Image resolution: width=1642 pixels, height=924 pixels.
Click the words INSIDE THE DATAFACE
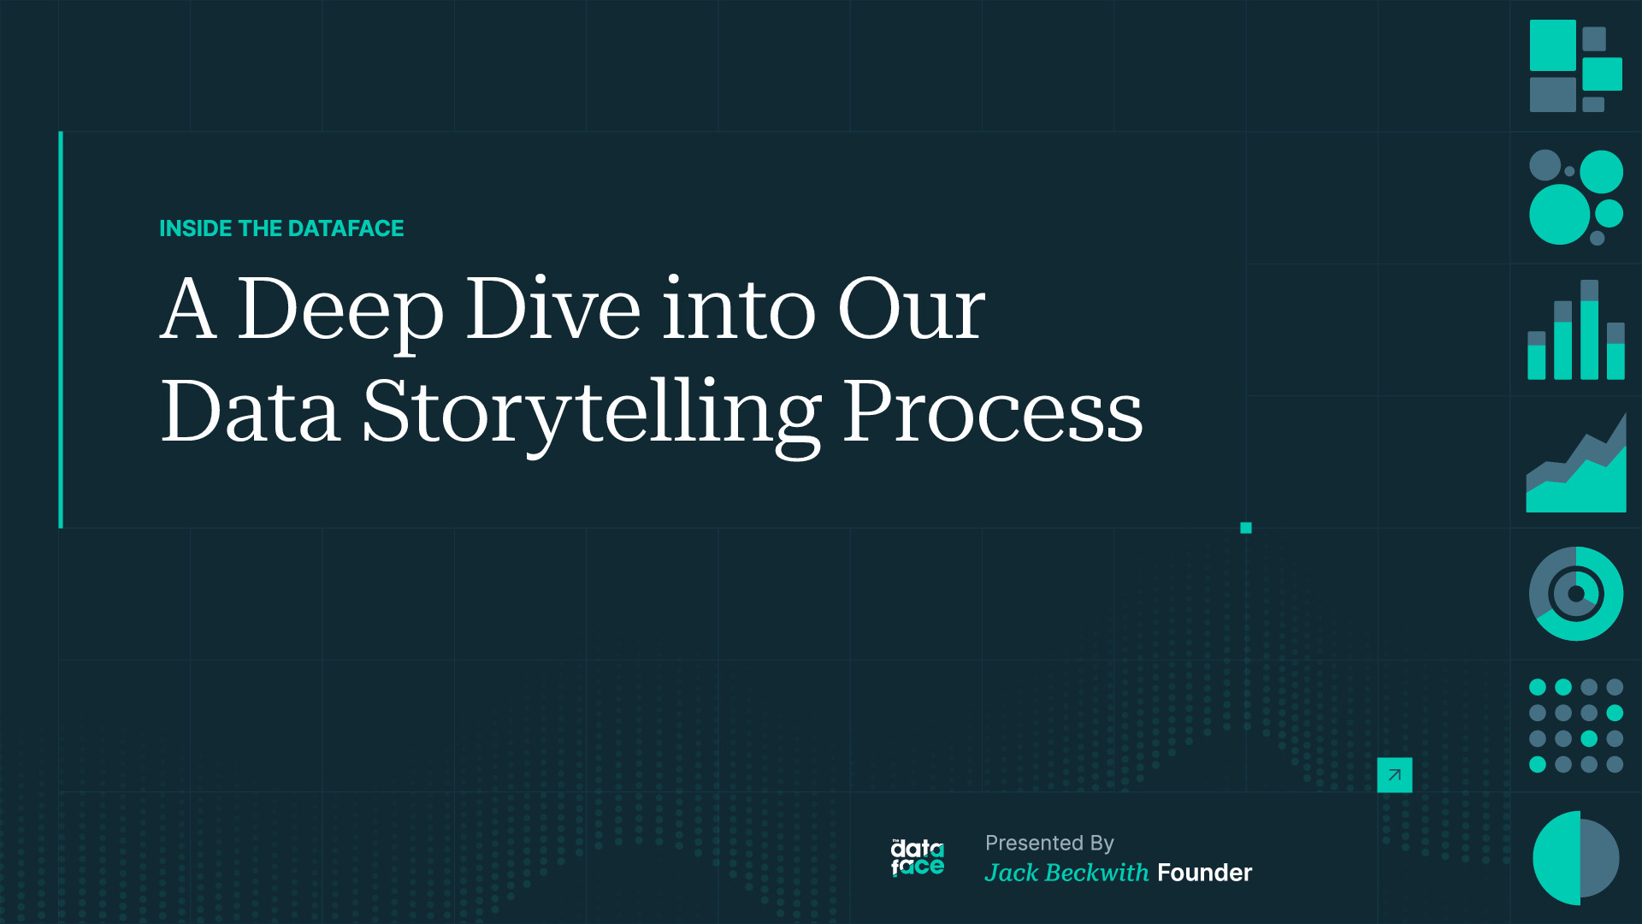click(281, 228)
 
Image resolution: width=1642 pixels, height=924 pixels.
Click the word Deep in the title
click(340, 310)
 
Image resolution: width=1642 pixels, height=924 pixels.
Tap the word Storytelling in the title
click(591, 412)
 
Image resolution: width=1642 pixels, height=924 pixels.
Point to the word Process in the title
click(992, 412)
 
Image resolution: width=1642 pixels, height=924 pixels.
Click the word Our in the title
click(911, 310)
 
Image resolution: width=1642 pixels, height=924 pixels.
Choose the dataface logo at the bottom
click(917, 858)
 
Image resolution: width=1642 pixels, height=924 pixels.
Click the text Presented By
click(1049, 843)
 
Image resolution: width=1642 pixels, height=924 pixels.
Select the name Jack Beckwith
click(1066, 873)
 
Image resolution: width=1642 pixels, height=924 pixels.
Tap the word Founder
click(1204, 873)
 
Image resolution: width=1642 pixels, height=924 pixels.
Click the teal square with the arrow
click(1394, 775)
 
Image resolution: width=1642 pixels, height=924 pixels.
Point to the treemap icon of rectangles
click(1575, 66)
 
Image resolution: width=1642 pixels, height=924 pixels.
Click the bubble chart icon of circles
click(1575, 198)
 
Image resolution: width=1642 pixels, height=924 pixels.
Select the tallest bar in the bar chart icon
click(1589, 330)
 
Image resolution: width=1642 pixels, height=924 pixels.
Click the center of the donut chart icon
click(1575, 594)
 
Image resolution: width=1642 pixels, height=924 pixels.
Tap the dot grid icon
click(1575, 726)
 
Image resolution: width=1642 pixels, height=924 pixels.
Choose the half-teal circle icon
click(1575, 857)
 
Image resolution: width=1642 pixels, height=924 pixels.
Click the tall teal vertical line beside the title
click(61, 329)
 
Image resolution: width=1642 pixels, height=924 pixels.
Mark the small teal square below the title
click(1246, 528)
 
